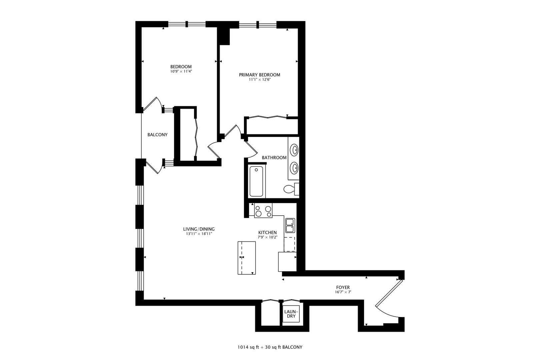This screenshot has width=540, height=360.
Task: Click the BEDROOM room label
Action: point(181,67)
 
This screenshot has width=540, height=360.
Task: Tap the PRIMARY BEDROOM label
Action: point(259,75)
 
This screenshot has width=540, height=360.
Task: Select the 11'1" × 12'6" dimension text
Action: point(259,80)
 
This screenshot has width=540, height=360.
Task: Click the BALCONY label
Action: point(157,135)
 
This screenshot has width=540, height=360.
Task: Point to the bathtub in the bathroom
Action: point(257,182)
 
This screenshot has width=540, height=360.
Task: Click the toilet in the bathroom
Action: point(289,189)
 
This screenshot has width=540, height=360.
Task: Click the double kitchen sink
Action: point(290,225)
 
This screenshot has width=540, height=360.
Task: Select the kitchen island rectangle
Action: point(247,258)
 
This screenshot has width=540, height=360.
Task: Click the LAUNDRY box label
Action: point(291,314)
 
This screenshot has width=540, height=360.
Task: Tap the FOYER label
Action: point(343,287)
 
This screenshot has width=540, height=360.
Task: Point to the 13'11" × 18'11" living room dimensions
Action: point(199,234)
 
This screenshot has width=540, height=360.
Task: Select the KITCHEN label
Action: point(267,233)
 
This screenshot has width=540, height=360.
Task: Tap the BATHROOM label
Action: point(274,158)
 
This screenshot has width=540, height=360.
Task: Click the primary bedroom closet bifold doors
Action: point(266,117)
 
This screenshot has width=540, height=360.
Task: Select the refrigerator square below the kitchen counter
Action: point(287,262)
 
